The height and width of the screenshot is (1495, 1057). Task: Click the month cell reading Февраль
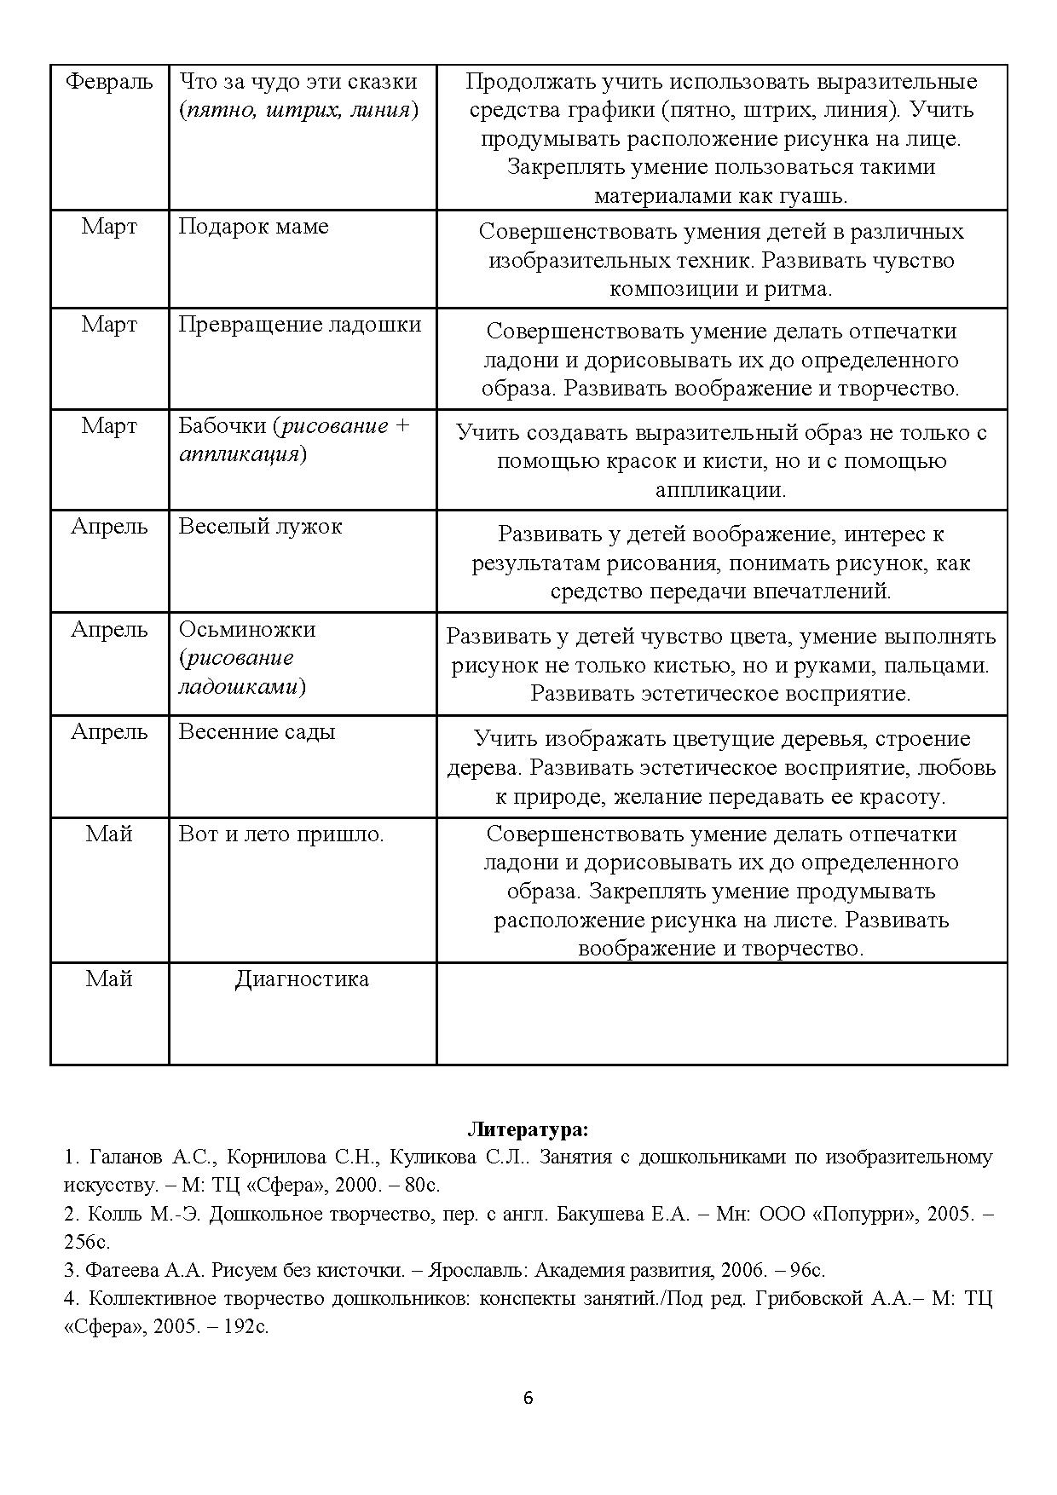(109, 82)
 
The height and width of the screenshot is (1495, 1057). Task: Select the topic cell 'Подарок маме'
(253, 227)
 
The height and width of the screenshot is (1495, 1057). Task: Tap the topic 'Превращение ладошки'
(299, 325)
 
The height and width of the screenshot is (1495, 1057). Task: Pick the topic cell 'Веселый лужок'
(260, 526)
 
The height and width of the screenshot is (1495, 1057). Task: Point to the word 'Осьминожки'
(246, 629)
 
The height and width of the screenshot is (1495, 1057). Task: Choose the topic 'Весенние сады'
(257, 731)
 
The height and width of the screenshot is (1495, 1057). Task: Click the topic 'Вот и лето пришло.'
(281, 834)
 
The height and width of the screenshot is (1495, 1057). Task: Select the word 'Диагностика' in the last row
(302, 978)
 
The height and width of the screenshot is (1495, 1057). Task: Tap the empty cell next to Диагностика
(721, 1013)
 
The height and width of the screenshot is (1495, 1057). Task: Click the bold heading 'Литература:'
(528, 1130)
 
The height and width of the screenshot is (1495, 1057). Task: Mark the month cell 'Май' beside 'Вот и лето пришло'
(109, 834)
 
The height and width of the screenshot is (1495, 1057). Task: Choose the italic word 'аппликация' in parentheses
(240, 453)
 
